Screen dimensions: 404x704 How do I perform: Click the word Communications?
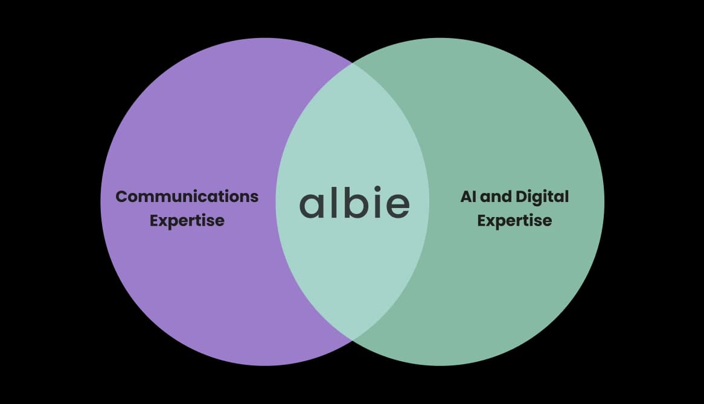(x=187, y=197)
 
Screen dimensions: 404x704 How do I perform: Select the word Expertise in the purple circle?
(x=187, y=221)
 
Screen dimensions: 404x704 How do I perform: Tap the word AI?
(x=468, y=197)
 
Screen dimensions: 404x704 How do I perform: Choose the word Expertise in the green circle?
(x=514, y=221)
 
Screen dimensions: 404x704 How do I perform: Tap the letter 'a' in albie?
(x=312, y=206)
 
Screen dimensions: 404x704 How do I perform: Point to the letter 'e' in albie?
(x=395, y=206)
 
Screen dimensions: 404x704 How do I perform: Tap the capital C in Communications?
(x=121, y=197)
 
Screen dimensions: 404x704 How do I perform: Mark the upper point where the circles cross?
(x=352, y=62)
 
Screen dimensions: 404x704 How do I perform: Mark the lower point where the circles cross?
(x=352, y=341)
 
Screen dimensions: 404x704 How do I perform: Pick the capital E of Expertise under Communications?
(x=154, y=220)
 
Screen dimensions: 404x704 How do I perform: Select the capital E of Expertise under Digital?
(x=482, y=220)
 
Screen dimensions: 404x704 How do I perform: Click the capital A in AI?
(x=466, y=197)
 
